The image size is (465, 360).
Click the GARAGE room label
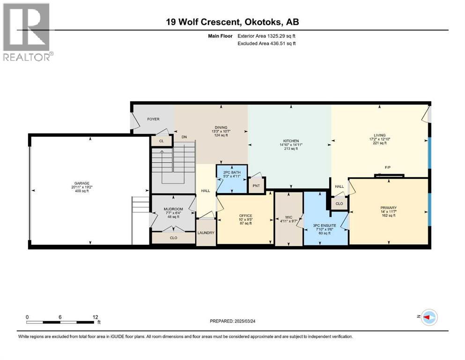pos(82,183)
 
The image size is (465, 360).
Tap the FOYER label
pos(153,119)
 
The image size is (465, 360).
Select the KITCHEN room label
pos(291,141)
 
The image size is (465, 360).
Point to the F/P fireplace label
pos(388,167)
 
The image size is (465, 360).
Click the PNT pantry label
pos(256,186)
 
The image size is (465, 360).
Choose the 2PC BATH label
pos(232,172)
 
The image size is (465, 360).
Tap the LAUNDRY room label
pos(206,232)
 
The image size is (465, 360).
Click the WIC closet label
pos(288,217)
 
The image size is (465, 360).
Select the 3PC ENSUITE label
pos(325,225)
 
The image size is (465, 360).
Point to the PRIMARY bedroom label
pos(389,208)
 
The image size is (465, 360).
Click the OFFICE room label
pos(245,216)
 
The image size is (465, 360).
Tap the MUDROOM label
pos(173,209)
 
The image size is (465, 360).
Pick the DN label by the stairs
pos(184,137)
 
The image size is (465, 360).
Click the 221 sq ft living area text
pos(380,143)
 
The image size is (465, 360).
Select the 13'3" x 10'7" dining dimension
pos(221,131)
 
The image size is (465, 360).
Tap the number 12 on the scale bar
pos(95,317)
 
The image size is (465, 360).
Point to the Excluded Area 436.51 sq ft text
pos(266,43)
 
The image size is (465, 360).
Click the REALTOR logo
pos(27,32)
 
